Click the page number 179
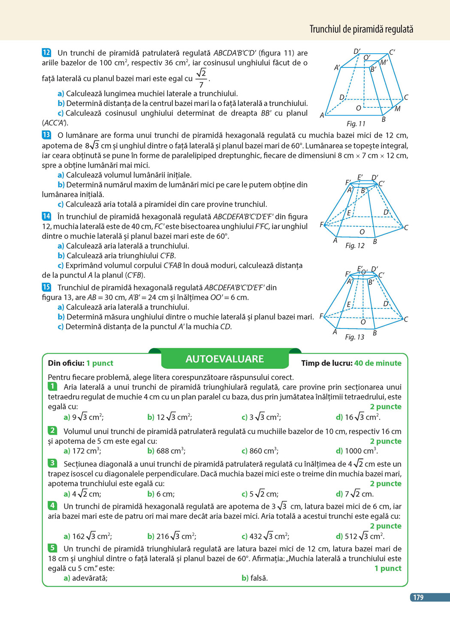(418, 597)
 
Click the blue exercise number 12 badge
(46, 53)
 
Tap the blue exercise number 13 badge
(46, 135)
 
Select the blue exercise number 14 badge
(46, 216)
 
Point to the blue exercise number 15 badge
(46, 287)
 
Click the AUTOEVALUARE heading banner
(225, 359)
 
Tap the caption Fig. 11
(356, 124)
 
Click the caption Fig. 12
(355, 246)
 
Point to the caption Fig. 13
(354, 337)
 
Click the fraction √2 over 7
(201, 79)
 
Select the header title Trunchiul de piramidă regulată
(361, 29)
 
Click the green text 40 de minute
(378, 363)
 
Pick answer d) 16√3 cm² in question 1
(358, 417)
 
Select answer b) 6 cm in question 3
(161, 494)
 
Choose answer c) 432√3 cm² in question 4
(265, 536)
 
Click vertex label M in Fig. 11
(398, 109)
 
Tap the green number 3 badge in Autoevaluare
(52, 463)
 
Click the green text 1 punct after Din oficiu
(100, 363)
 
